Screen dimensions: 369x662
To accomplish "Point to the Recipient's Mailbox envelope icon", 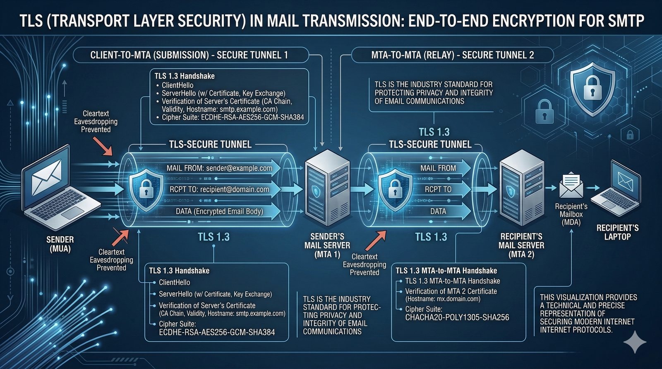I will (571, 185).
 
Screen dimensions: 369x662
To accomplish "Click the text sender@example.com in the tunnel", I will (239, 168).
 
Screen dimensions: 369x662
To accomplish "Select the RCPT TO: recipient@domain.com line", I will (219, 190).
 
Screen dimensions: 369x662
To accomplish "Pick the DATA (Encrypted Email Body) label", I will (219, 212).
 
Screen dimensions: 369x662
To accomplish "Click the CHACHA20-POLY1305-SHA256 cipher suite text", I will (457, 317).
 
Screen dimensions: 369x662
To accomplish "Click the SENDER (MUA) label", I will (60, 244).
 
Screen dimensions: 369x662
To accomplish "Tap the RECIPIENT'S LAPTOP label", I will (617, 232).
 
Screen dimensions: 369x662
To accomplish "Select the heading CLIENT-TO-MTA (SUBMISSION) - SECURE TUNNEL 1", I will (189, 55).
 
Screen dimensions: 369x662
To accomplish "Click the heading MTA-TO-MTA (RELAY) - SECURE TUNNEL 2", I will (452, 55).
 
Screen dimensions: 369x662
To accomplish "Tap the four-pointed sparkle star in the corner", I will (635, 342).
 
